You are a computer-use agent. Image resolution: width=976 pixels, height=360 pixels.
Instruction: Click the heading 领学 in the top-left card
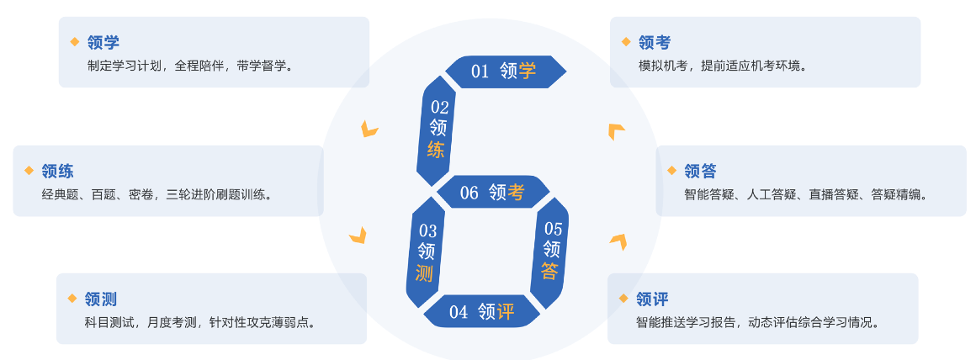[x=103, y=42]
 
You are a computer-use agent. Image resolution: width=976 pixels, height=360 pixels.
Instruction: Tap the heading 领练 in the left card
[x=57, y=171]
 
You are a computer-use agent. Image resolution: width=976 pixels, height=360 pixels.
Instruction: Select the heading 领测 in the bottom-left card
[x=100, y=299]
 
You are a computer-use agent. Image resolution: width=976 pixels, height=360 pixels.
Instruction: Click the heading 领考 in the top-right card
[x=654, y=42]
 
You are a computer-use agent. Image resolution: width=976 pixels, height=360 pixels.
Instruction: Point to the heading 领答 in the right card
[x=700, y=171]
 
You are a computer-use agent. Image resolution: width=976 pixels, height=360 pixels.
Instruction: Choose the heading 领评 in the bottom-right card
[x=652, y=299]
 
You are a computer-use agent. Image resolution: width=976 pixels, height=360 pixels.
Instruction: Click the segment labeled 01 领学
[x=504, y=71]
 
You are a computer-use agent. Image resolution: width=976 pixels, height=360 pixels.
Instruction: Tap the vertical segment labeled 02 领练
[x=438, y=129]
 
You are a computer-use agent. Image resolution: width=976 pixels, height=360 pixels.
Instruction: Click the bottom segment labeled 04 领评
[x=482, y=312]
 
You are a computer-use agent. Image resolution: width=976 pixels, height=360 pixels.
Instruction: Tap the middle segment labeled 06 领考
[x=492, y=193]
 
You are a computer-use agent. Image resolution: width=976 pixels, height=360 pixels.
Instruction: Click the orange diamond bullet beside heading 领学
[x=74, y=41]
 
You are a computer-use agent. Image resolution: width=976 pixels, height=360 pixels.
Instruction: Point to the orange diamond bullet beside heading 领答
[x=671, y=170]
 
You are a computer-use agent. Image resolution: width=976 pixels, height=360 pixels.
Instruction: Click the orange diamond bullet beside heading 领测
[x=72, y=298]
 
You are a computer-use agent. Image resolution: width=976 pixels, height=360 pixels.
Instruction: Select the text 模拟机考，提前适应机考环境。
[x=723, y=66]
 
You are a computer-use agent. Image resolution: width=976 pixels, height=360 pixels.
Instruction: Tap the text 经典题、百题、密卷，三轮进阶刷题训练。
[x=156, y=194]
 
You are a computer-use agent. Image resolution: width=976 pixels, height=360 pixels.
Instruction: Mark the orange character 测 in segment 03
[x=426, y=273]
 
